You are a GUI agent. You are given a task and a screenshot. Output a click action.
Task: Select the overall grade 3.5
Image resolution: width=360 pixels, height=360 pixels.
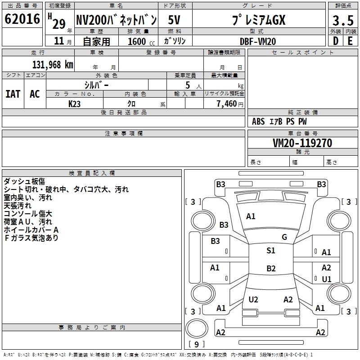(342, 21)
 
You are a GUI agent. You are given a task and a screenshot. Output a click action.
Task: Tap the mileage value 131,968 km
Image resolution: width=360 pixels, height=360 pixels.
(53, 64)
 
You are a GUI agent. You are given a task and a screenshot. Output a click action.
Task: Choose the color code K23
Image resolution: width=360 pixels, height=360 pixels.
(75, 103)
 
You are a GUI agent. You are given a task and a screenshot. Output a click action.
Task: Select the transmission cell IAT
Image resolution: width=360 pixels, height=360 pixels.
(13, 94)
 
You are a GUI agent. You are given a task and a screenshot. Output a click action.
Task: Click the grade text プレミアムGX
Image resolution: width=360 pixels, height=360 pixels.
(258, 20)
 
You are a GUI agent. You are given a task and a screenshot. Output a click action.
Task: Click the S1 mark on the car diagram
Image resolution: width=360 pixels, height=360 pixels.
(271, 251)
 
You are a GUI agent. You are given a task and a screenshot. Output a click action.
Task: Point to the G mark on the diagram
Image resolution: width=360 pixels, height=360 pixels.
(284, 237)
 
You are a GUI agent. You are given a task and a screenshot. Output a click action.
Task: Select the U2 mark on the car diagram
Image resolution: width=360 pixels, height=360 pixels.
(253, 299)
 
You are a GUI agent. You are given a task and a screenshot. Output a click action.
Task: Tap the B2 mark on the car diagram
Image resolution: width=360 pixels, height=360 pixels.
(271, 269)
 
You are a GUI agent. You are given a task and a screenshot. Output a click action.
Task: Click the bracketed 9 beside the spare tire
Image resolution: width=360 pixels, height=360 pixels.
(196, 345)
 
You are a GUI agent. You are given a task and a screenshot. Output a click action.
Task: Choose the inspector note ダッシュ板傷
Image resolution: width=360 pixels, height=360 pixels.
(24, 181)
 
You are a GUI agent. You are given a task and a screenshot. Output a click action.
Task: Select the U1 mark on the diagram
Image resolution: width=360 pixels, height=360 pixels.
(327, 279)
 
